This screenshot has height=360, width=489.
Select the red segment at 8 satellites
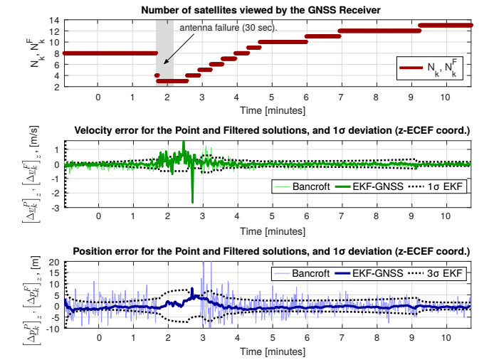point(107,53)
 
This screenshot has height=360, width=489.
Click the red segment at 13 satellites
point(446,25)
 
